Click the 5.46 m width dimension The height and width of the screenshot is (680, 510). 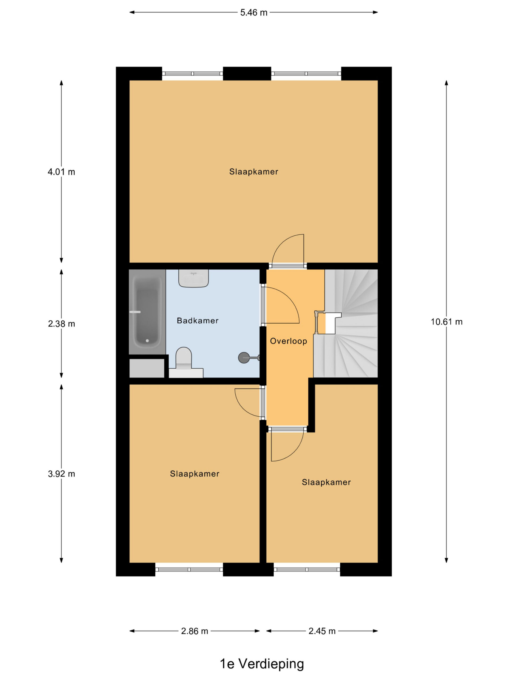(x=254, y=12)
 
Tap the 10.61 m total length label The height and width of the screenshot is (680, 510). (x=446, y=322)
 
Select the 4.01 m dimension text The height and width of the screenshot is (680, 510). (x=61, y=172)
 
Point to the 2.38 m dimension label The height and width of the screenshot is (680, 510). (x=61, y=324)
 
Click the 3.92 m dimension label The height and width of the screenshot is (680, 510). (x=61, y=474)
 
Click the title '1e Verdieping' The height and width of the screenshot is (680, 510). (x=262, y=664)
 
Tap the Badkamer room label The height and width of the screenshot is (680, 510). (x=198, y=321)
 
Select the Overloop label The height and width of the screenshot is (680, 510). (x=288, y=341)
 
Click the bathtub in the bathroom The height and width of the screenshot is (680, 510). (x=147, y=312)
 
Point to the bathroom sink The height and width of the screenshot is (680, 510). (x=194, y=278)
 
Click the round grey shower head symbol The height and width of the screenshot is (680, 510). (x=244, y=358)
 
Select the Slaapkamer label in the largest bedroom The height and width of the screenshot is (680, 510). (x=254, y=172)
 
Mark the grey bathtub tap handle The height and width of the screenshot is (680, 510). (x=135, y=312)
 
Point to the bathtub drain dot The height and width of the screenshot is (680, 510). (x=147, y=341)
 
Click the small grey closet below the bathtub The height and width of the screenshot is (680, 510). (x=147, y=368)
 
